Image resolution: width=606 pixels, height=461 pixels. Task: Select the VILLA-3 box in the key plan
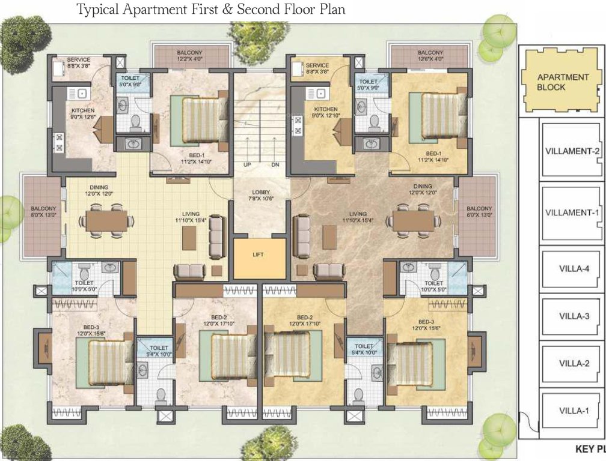pyautogui.click(x=573, y=316)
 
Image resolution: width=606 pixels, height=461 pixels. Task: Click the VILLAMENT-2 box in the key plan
pyautogui.click(x=572, y=151)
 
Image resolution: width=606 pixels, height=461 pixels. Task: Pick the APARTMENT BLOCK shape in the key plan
pyautogui.click(x=554, y=82)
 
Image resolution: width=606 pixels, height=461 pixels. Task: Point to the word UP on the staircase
pyautogui.click(x=247, y=164)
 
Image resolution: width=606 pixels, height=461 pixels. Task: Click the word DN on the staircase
pyautogui.click(x=275, y=164)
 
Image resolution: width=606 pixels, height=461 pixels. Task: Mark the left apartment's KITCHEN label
pyautogui.click(x=82, y=110)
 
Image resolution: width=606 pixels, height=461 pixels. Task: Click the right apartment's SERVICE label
pyautogui.click(x=317, y=65)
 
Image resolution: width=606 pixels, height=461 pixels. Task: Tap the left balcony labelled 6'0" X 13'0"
pyautogui.click(x=43, y=216)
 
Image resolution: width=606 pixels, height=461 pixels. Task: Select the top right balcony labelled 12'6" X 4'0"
pyautogui.click(x=430, y=56)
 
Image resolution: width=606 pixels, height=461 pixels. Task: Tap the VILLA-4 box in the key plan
pyautogui.click(x=573, y=268)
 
